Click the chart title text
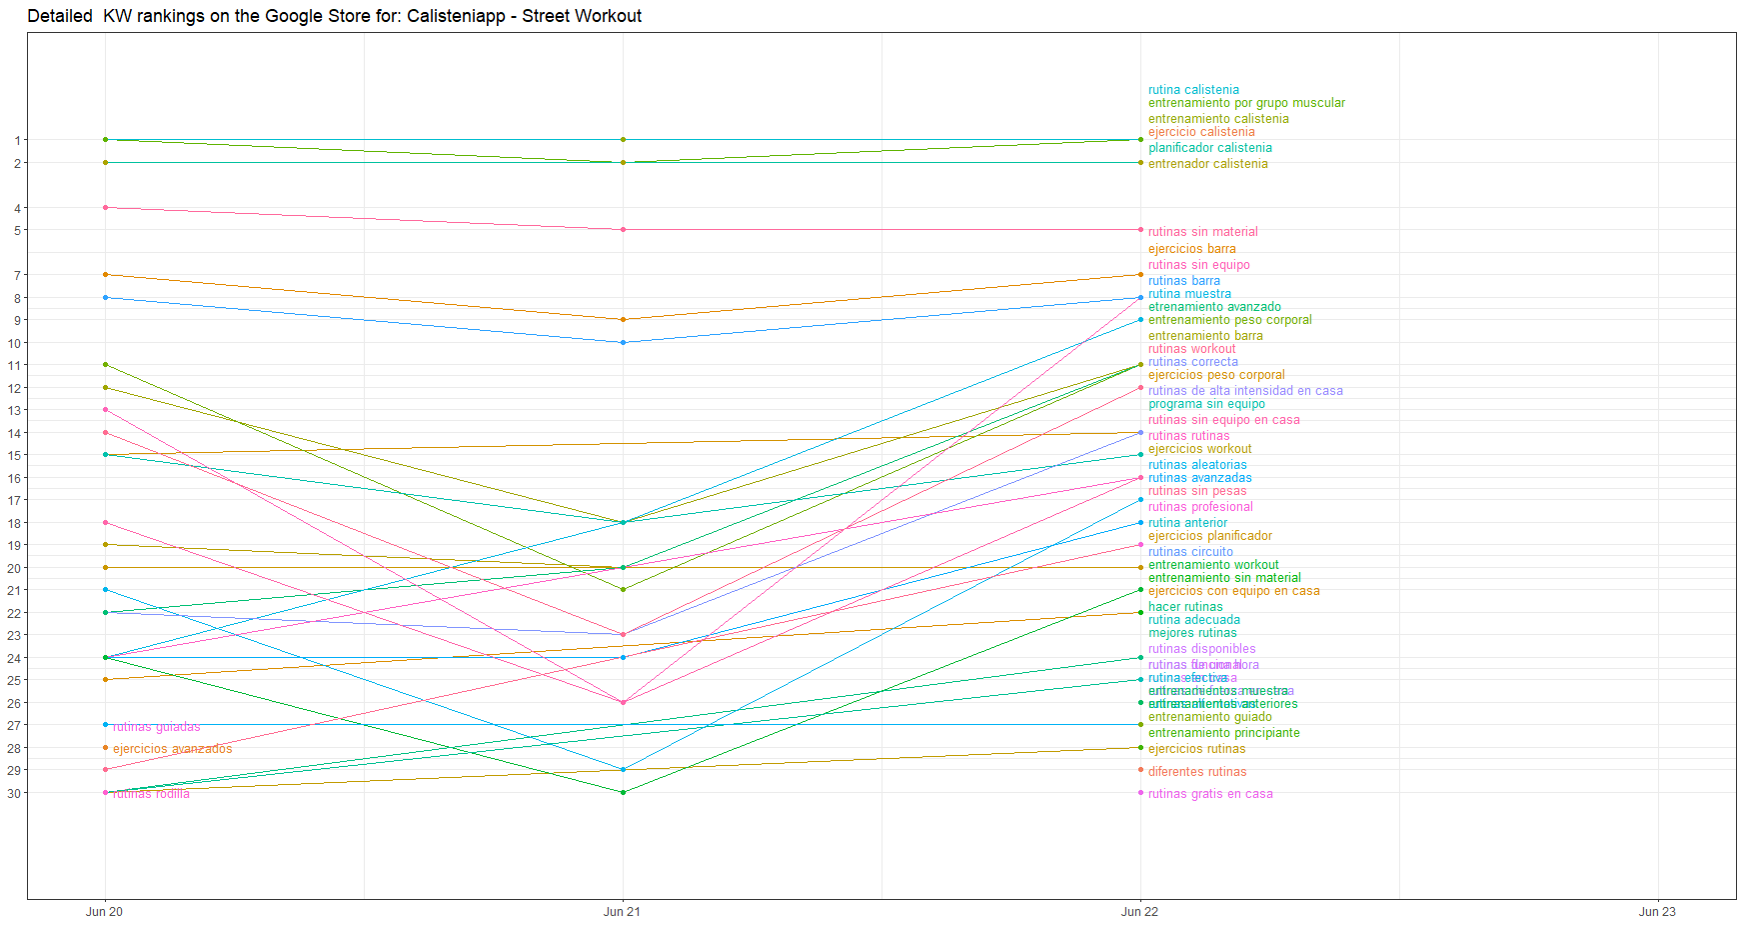click(334, 16)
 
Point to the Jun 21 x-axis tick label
click(622, 911)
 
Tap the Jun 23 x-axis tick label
click(1657, 911)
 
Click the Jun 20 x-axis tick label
click(104, 911)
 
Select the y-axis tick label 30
click(14, 793)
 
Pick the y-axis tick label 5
click(17, 230)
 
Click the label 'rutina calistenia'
click(1193, 90)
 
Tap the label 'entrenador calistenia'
click(1207, 164)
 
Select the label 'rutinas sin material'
click(1202, 232)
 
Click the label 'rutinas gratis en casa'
click(1210, 794)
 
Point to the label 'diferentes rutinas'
click(1196, 772)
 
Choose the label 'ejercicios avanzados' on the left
click(172, 749)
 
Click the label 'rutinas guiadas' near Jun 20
click(156, 727)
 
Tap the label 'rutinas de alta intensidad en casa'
click(1245, 391)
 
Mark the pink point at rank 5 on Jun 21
click(623, 230)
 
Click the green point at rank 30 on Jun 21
click(623, 793)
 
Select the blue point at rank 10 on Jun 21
click(623, 343)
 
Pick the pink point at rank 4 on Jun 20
click(105, 208)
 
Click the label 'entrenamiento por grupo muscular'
click(1246, 103)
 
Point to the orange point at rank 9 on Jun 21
click(623, 320)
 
